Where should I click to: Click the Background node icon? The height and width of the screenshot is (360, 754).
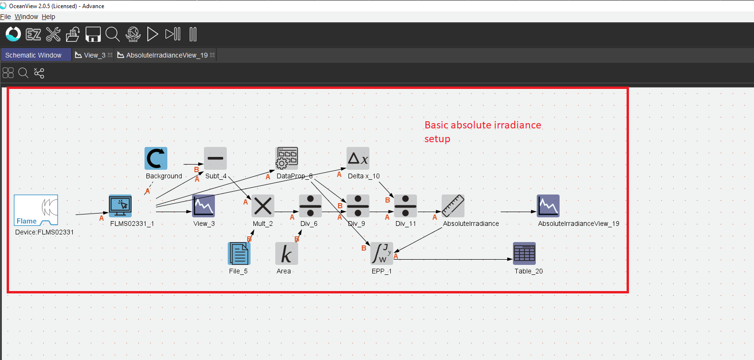pos(156,158)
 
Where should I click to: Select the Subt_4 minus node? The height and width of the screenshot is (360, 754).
pos(215,158)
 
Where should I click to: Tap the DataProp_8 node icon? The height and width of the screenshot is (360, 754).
pos(287,158)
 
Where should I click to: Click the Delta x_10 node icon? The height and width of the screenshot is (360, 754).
pos(358,158)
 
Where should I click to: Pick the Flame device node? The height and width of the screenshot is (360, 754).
pos(36,210)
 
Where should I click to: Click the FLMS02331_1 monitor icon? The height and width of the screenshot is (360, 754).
pos(120,206)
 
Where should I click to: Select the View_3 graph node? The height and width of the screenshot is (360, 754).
pos(203,206)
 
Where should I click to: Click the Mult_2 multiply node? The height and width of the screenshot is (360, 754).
pos(263,206)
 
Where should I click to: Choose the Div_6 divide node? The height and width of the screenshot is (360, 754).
pos(310,206)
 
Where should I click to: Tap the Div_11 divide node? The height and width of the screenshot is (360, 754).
pos(406,206)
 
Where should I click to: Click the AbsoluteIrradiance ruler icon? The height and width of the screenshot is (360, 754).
pos(453,206)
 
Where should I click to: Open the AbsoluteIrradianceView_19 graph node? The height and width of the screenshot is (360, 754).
pos(548,206)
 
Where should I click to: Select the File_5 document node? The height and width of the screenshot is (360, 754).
pos(239,253)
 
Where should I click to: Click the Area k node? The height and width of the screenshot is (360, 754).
pos(287,253)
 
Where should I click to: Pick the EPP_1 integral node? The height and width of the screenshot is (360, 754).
pos(382,253)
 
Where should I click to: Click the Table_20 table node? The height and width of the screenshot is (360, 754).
pos(524,253)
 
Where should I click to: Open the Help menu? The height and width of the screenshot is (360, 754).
pos(48,17)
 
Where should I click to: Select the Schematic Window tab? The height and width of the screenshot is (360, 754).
pos(33,55)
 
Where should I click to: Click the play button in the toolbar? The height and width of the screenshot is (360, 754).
pos(153,34)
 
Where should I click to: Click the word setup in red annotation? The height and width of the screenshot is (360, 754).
pos(437,139)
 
